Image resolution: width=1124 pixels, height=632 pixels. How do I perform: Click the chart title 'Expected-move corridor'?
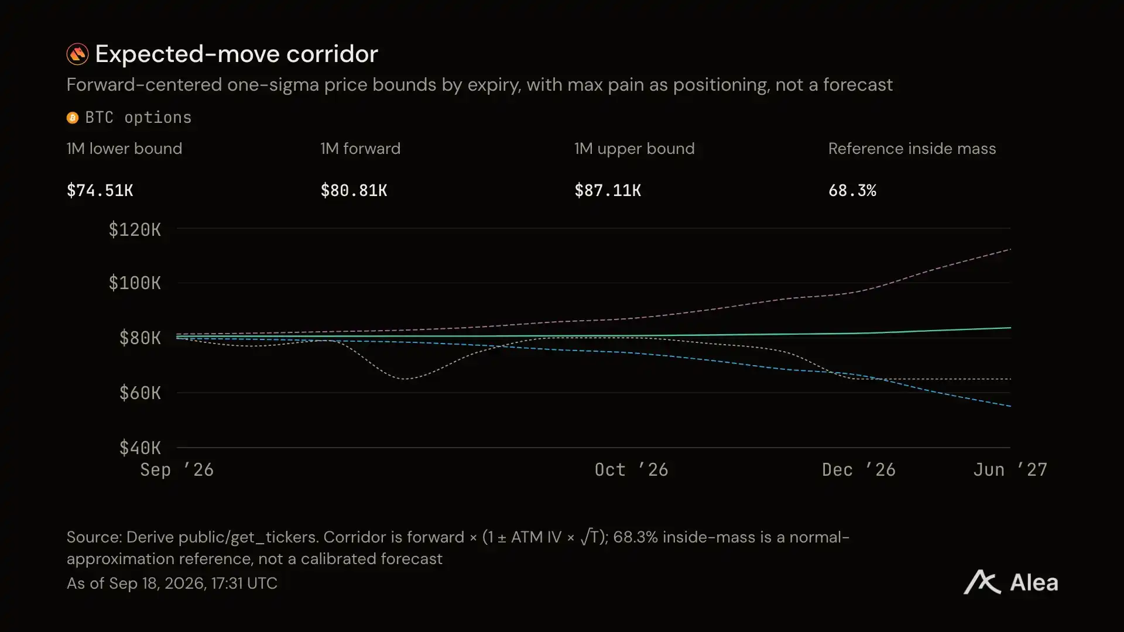click(237, 54)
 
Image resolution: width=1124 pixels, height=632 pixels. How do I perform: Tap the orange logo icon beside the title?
click(77, 54)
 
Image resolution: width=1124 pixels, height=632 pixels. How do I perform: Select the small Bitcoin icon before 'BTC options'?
click(73, 118)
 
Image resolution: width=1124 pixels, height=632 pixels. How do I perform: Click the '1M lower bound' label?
click(124, 149)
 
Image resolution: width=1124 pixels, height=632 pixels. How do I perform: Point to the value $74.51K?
click(100, 190)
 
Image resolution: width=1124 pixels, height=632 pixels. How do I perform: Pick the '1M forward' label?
click(361, 149)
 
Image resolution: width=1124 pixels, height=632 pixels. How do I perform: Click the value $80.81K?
click(354, 190)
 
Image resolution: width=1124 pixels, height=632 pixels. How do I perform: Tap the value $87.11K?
click(608, 190)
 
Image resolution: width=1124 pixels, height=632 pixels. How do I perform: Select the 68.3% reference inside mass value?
click(852, 190)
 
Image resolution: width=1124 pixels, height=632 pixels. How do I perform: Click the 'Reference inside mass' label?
click(912, 149)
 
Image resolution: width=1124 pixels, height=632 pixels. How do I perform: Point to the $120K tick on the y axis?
click(135, 229)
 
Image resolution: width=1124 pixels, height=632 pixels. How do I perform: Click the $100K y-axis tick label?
click(135, 283)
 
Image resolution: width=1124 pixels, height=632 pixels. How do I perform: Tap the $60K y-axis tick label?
click(140, 393)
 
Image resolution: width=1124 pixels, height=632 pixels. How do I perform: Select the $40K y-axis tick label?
click(140, 448)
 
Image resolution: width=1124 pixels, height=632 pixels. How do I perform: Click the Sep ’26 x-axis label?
click(177, 469)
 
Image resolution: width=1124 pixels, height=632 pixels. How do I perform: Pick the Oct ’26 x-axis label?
click(631, 469)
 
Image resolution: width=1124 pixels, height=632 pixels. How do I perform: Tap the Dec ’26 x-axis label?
click(859, 469)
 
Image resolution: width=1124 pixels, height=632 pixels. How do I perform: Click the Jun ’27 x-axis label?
click(1010, 469)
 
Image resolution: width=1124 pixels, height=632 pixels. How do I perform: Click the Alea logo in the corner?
click(1011, 582)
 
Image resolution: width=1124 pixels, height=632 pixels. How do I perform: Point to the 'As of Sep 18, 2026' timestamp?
click(172, 583)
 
